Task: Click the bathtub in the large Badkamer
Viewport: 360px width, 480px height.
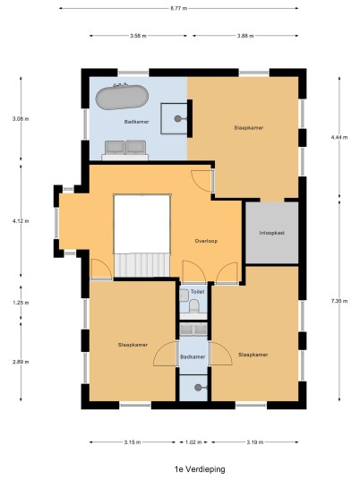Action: [x=122, y=97]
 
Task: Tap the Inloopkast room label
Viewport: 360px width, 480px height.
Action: [x=272, y=233]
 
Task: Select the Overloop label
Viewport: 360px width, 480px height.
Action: [x=206, y=241]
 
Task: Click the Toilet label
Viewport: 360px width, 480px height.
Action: [x=197, y=292]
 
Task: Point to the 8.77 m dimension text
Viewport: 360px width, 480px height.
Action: [x=179, y=9]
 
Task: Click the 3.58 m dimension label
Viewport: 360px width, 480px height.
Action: [x=138, y=36]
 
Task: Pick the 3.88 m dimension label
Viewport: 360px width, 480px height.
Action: [x=245, y=36]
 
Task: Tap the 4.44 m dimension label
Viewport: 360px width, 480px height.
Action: [x=339, y=137]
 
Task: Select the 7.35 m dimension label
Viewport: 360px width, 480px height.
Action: [x=339, y=301]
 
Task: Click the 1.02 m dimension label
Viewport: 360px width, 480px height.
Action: [x=193, y=442]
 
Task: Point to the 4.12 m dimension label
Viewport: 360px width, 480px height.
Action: [x=21, y=221]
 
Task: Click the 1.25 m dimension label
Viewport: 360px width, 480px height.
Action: [x=21, y=303]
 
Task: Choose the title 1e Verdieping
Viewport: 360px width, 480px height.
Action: [x=200, y=469]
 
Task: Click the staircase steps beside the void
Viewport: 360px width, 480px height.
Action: [x=142, y=265]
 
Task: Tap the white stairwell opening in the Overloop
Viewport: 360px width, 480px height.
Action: [x=142, y=224]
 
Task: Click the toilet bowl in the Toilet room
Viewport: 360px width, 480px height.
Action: [x=193, y=305]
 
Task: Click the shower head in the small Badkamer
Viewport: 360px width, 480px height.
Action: [x=200, y=388]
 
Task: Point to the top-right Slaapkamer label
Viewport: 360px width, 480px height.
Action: [x=249, y=128]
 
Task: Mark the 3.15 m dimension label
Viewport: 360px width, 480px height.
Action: [x=133, y=442]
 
